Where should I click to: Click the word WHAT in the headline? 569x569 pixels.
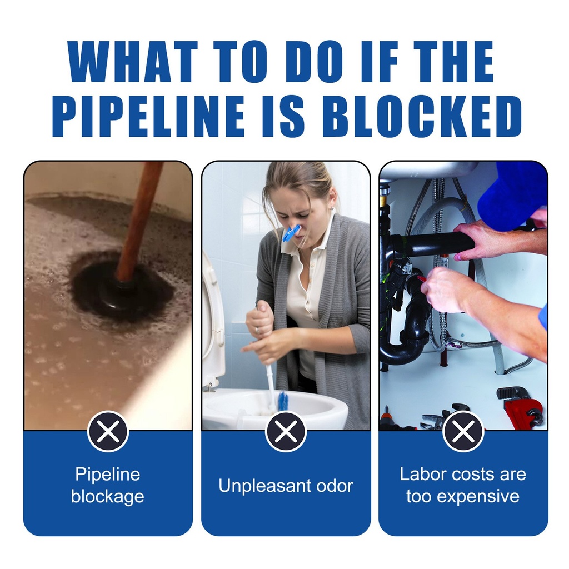133,62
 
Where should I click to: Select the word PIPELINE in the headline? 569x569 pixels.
149,116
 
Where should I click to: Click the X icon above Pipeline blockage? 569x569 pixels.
108,431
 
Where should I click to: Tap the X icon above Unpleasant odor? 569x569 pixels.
286,431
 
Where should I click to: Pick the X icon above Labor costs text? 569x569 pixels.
463,431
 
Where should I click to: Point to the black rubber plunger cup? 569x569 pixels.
120,287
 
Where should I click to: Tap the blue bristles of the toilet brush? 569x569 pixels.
283,400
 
